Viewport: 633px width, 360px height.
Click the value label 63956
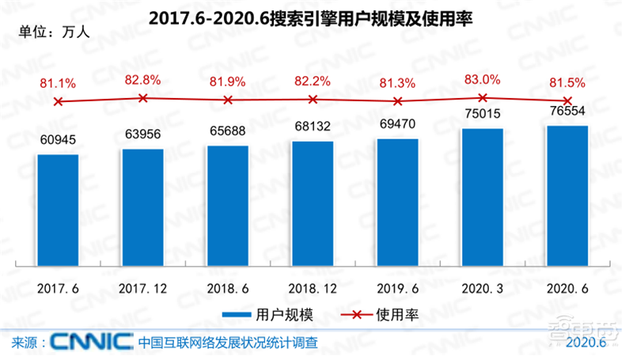click(142, 133)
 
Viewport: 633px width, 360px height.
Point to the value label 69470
click(397, 123)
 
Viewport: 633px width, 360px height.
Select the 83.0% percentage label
click(482, 79)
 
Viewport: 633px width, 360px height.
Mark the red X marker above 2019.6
click(398, 101)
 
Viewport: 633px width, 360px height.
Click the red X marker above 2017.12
click(142, 98)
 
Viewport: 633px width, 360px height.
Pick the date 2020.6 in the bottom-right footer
click(586, 343)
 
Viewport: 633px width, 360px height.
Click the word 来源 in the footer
click(25, 343)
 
